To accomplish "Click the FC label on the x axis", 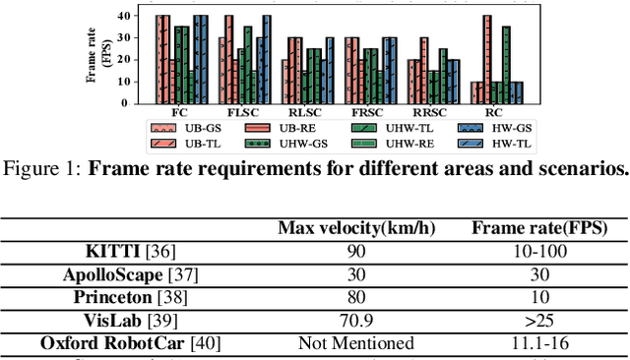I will (x=181, y=113).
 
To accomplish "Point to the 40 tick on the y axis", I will (x=139, y=16).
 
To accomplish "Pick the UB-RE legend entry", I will (x=291, y=128).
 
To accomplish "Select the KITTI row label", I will (x=98, y=253).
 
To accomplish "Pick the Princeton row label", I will (x=98, y=298).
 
